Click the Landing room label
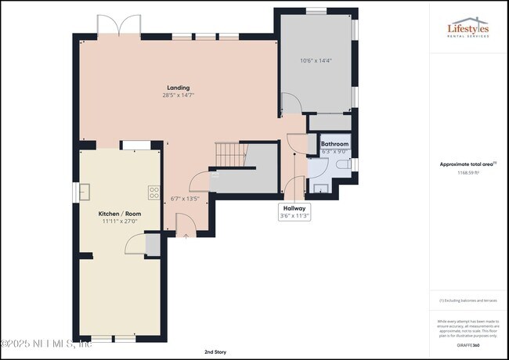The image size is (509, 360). [178, 88]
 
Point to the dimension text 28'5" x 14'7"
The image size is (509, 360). [178, 95]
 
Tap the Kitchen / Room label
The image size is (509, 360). [119, 214]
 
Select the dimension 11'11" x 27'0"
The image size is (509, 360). [119, 221]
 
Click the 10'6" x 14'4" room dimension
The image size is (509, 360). [316, 60]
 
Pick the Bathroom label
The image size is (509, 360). [334, 144]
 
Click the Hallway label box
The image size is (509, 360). [295, 211]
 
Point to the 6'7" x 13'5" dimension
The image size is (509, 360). [186, 198]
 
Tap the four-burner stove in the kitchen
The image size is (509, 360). [153, 191]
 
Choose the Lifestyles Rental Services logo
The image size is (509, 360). [467, 31]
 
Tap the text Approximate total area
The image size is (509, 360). [466, 164]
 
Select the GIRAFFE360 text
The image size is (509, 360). [467, 344]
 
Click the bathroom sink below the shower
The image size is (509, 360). [319, 187]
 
